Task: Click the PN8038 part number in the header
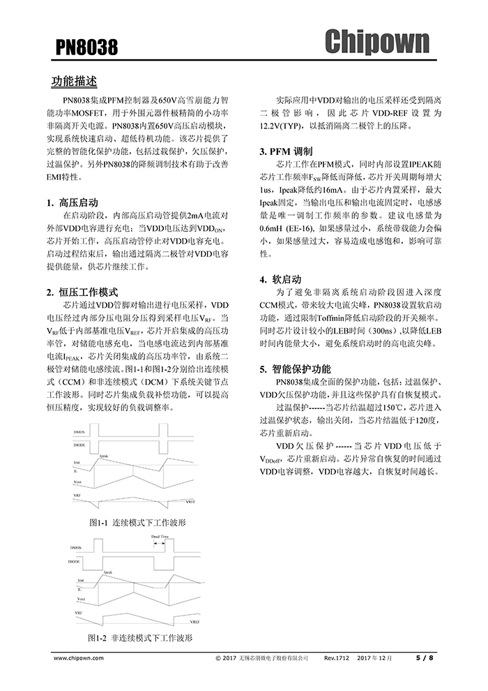point(86,47)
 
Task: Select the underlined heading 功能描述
point(74,82)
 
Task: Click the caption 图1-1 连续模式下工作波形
point(137,522)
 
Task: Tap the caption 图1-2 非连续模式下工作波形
point(140,638)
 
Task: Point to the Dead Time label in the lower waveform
point(160,537)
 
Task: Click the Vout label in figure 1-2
point(82,599)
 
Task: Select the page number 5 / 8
point(425,657)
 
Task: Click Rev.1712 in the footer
point(337,657)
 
